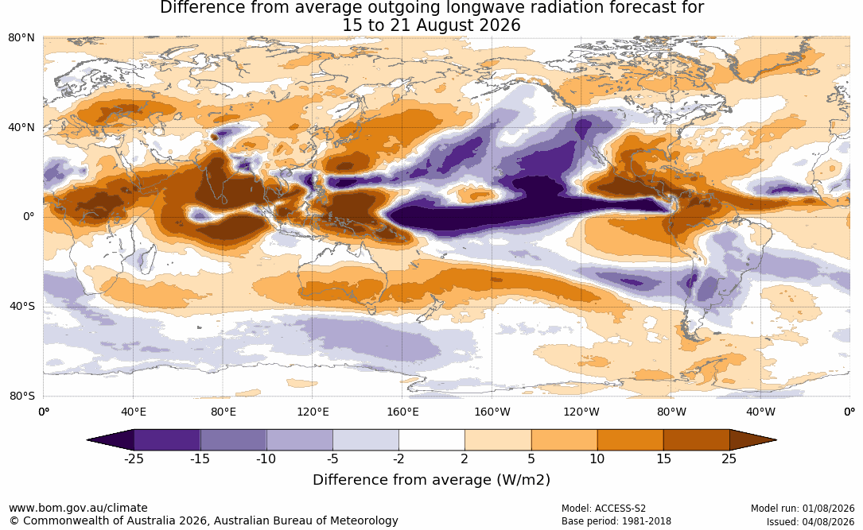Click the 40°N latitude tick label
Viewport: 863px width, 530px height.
[x=21, y=128]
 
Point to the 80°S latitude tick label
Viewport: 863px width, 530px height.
[x=21, y=396]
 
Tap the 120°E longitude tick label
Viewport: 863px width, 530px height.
[x=313, y=412]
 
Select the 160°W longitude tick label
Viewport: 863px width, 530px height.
[x=492, y=412]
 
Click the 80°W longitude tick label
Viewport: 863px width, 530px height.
[x=671, y=412]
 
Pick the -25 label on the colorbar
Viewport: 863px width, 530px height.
[x=133, y=458]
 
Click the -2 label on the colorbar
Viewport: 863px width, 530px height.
[x=398, y=458]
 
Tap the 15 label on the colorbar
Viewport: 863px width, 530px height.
[x=663, y=458]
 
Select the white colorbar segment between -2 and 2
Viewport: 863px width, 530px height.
[x=432, y=440]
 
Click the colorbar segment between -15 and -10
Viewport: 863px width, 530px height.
[x=233, y=440]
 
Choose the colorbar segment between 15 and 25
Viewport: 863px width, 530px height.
[x=696, y=440]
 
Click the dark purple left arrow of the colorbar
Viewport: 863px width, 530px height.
[x=110, y=440]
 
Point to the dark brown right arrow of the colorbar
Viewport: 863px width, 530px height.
[x=753, y=440]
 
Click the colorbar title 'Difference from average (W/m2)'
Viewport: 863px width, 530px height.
[x=431, y=480]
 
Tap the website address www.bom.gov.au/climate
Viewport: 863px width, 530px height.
[x=78, y=508]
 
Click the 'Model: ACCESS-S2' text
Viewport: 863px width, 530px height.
[x=603, y=509]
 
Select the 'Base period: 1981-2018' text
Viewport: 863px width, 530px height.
[x=616, y=521]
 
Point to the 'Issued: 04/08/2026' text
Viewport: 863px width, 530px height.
[x=811, y=521]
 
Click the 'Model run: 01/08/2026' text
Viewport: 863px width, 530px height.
[x=803, y=509]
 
